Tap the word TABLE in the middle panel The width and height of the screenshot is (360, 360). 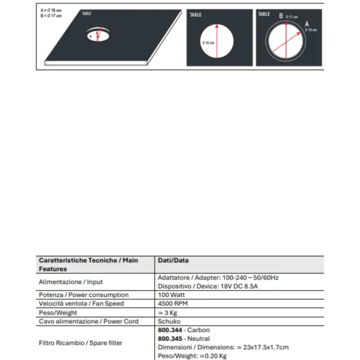click(195, 15)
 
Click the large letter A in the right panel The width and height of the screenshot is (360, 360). click(307, 24)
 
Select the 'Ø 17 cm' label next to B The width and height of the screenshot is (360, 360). click(291, 17)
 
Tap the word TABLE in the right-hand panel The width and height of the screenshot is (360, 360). click(264, 14)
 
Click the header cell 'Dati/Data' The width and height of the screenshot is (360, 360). click(173, 260)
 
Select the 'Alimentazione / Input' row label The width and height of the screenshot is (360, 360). click(70, 281)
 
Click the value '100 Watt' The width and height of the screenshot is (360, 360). click(171, 295)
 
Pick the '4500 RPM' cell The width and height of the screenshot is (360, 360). click(173, 303)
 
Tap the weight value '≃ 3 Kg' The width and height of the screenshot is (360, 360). click(169, 312)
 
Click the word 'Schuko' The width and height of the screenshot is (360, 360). click(169, 321)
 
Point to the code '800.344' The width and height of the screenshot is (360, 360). click(169, 329)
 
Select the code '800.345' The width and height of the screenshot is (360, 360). click(169, 338)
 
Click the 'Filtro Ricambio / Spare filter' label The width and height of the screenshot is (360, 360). click(80, 342)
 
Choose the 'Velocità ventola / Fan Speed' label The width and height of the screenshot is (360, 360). click(80, 303)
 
